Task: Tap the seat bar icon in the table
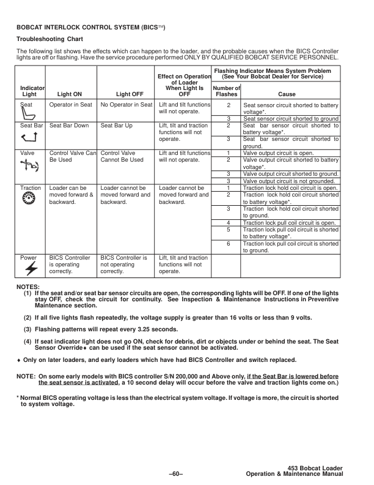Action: pyautogui.click(x=28, y=135)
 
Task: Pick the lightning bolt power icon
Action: pyautogui.click(x=28, y=268)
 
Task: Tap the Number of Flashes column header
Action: pyautogui.click(x=227, y=92)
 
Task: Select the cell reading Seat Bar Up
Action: pyautogui.click(x=116, y=125)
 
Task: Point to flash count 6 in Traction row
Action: pyautogui.click(x=227, y=244)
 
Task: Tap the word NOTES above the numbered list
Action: pyautogui.click(x=28, y=286)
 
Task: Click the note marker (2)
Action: pyautogui.click(x=28, y=318)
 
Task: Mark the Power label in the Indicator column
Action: pyautogui.click(x=28, y=258)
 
